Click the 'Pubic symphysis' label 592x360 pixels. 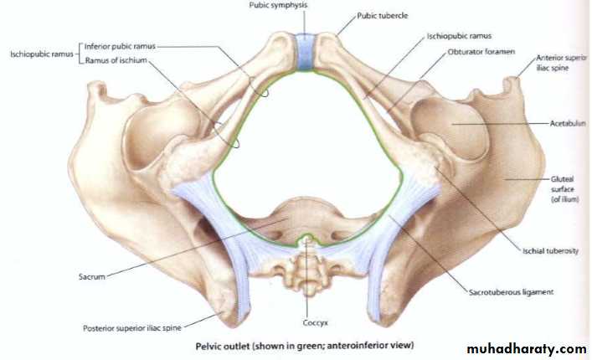coord(278,5)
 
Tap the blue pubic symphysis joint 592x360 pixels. coord(305,52)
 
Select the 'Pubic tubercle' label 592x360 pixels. coord(383,16)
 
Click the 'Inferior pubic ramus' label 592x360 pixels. coord(120,46)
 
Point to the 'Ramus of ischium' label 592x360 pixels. coord(116,60)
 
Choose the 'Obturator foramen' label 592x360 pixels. coord(481,52)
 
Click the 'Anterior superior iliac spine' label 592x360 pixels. coord(561,63)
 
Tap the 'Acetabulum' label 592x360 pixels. coord(568,123)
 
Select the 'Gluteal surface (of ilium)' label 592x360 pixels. coord(564,189)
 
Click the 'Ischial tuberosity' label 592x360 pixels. coord(550,251)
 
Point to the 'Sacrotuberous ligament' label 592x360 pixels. coord(512,292)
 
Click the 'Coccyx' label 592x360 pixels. coord(315,323)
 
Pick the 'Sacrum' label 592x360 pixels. coord(92,276)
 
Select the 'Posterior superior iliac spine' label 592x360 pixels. coord(132,328)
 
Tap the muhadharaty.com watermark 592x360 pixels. coord(527,349)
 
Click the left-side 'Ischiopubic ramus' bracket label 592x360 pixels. coord(42,54)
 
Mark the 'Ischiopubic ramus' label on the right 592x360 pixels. coord(459,36)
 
